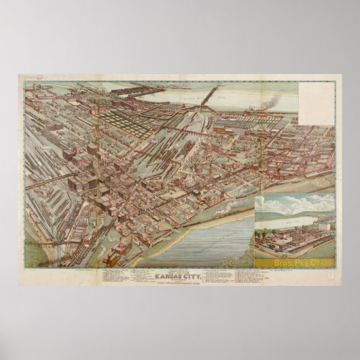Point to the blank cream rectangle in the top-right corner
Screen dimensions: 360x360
click(x=315, y=101)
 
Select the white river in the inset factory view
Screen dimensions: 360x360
click(x=292, y=218)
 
